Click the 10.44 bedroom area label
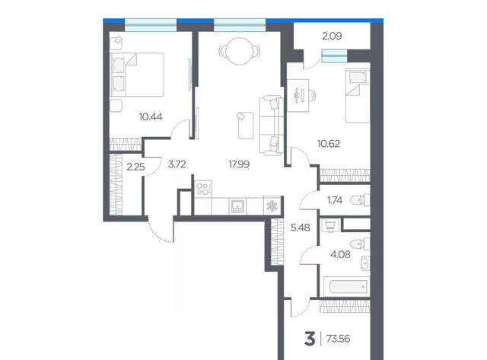[151, 116]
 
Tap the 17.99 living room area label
[239, 164]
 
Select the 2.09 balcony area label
[332, 37]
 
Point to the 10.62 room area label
[328, 144]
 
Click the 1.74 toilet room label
[335, 200]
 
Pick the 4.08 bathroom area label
[340, 255]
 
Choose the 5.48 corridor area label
[301, 228]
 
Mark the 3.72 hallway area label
[177, 164]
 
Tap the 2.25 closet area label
[135, 167]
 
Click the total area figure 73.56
[338, 339]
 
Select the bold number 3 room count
[310, 339]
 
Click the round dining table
[239, 51]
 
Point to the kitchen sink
[237, 206]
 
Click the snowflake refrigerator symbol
[272, 205]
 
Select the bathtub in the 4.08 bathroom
[345, 287]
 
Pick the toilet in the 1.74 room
[359, 200]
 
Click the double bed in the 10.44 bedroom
[137, 75]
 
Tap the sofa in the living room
[272, 125]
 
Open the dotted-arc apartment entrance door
[160, 231]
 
